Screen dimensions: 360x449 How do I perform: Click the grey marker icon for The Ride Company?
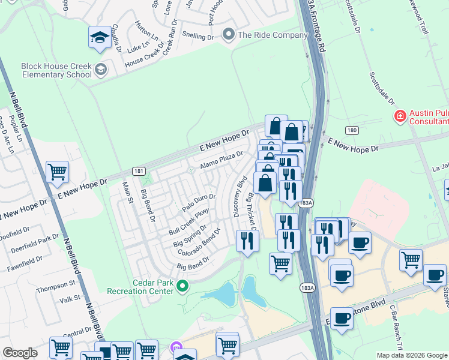[x=228, y=35]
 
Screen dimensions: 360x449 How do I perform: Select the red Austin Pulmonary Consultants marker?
[x=399, y=115]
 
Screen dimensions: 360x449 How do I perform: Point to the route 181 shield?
[x=138, y=171]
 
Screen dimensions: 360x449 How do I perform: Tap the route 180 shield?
[x=352, y=130]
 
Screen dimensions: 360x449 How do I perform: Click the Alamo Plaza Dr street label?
[x=221, y=158]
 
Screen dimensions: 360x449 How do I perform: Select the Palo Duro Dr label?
[x=198, y=202]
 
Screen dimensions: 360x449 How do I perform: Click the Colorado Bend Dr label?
[x=199, y=240]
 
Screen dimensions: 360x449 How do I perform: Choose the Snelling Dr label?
[x=197, y=37]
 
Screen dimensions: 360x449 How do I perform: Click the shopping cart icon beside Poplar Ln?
[x=58, y=172]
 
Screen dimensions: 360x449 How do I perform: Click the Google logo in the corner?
[x=20, y=353]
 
